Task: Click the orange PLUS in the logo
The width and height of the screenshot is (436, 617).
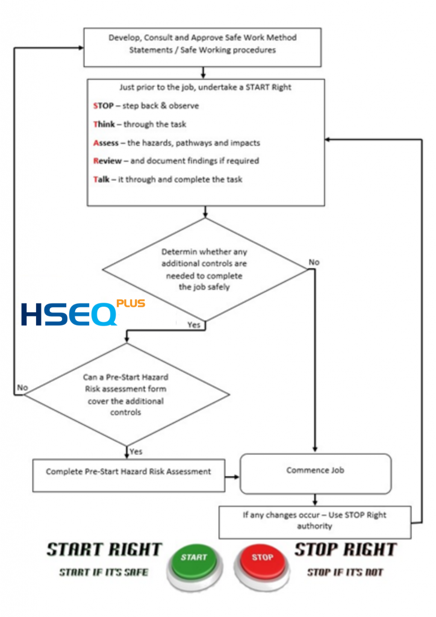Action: pyautogui.click(x=131, y=304)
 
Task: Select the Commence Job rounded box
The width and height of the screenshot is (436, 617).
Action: pyautogui.click(x=316, y=474)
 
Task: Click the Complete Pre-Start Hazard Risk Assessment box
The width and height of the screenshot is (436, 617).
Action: pyautogui.click(x=128, y=475)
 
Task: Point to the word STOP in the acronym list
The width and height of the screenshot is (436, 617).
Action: pyautogui.click(x=104, y=105)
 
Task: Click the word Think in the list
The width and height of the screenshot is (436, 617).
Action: pyautogui.click(x=104, y=124)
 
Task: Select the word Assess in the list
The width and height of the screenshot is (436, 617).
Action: pyautogui.click(x=106, y=143)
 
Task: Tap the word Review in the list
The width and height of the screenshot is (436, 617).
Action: pyautogui.click(x=107, y=160)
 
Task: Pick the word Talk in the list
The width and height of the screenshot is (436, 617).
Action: pyautogui.click(x=101, y=179)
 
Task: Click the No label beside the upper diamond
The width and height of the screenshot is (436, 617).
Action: pyautogui.click(x=314, y=262)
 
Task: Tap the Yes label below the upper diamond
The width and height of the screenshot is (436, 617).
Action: pyautogui.click(x=194, y=325)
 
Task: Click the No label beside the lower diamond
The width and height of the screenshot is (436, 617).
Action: pyautogui.click(x=22, y=387)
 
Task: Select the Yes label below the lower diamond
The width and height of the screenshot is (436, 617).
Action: pyautogui.click(x=136, y=451)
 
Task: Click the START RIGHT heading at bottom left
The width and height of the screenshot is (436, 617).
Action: pyautogui.click(x=104, y=550)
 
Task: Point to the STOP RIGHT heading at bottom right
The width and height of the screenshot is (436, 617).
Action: pyautogui.click(x=346, y=550)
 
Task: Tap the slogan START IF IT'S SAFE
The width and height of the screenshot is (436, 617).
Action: pyautogui.click(x=104, y=572)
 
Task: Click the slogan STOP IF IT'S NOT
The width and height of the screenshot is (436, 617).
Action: pyautogui.click(x=345, y=572)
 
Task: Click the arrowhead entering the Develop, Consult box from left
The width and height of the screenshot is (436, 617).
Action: pyautogui.click(x=81, y=48)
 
